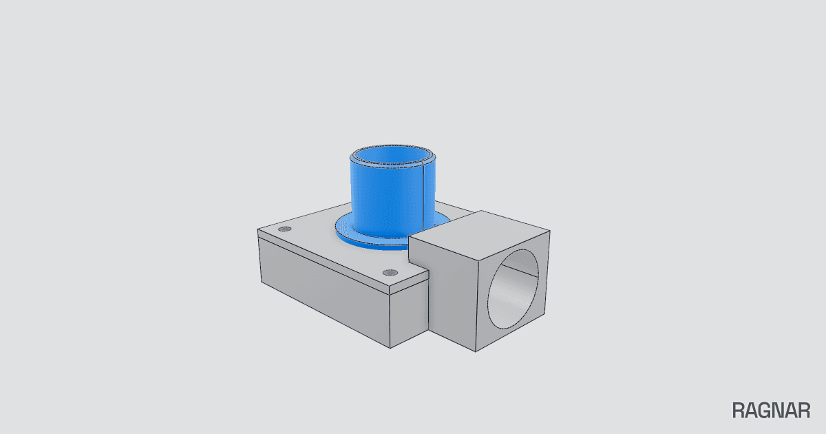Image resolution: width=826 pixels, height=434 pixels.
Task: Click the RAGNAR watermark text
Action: tap(771, 411)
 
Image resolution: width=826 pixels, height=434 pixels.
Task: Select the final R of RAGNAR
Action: tap(804, 411)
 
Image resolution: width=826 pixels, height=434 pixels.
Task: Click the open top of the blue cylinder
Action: tap(393, 155)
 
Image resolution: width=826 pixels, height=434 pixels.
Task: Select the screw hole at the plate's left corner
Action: tap(284, 229)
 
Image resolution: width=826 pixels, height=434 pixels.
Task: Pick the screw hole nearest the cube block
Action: tap(390, 273)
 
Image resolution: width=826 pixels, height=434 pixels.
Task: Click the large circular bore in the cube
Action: tap(513, 289)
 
